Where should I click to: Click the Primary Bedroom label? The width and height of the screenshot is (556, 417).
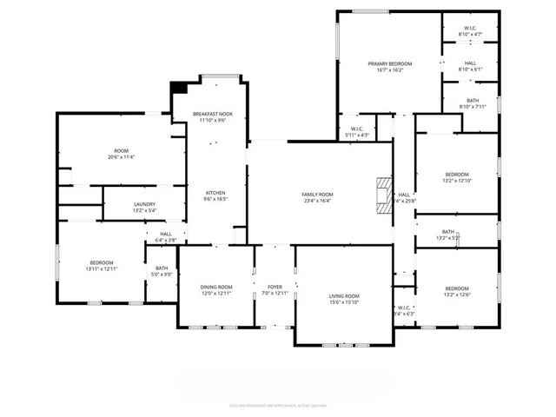pyautogui.click(x=389, y=63)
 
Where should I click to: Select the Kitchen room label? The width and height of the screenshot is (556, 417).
pyautogui.click(x=215, y=192)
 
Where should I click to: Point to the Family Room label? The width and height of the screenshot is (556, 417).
pyautogui.click(x=317, y=194)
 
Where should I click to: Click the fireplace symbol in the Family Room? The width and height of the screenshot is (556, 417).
pyautogui.click(x=382, y=195)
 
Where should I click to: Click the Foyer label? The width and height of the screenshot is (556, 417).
pyautogui.click(x=275, y=287)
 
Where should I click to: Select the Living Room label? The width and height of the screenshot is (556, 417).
pyautogui.click(x=343, y=296)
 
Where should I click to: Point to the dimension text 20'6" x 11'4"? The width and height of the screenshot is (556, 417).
pyautogui.click(x=122, y=157)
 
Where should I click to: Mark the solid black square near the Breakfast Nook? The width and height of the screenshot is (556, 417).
pyautogui.click(x=180, y=87)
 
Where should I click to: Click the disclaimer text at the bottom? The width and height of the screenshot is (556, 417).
pyautogui.click(x=277, y=404)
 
